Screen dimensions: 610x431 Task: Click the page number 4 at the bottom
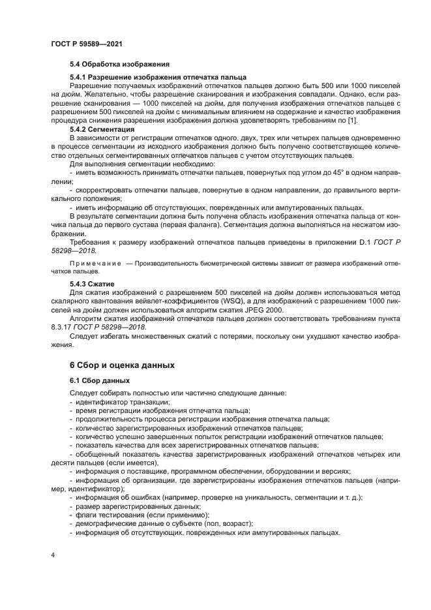[52, 555]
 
